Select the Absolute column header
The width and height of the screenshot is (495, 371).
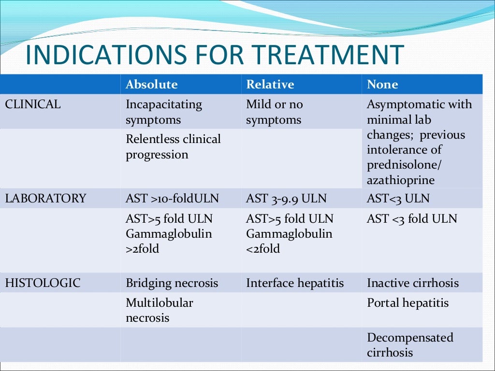151,85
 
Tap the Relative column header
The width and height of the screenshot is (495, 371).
270,85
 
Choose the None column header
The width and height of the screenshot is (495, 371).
382,85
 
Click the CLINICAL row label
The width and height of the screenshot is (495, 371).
33,104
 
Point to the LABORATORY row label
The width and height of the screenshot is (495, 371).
45,199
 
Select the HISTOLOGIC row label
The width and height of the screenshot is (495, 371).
43,283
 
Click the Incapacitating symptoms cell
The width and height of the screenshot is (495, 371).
164,112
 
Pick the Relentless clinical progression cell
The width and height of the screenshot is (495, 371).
173,147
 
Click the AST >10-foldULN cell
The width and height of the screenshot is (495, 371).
172,199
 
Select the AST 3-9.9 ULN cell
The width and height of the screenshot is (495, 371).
286,199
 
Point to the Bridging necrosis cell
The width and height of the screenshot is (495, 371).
172,283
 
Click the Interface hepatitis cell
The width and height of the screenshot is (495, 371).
295,283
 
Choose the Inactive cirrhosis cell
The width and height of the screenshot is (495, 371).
413,283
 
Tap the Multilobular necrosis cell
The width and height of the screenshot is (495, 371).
159,310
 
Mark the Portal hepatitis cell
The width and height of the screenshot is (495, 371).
408,303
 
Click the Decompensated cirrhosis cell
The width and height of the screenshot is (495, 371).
410,344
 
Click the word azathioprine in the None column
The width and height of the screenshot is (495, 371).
401,180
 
